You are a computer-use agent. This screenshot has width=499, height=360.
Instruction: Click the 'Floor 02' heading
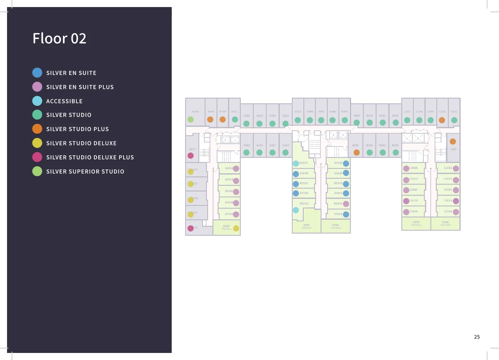(59, 38)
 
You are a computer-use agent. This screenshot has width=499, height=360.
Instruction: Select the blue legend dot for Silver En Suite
(37, 73)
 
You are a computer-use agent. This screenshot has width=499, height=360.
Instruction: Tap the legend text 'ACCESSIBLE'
(64, 101)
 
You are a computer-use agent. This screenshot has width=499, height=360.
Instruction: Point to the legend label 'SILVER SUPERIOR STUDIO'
(85, 172)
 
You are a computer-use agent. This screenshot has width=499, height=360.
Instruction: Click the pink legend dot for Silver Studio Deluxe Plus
(37, 157)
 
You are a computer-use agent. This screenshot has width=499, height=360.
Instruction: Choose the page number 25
(477, 337)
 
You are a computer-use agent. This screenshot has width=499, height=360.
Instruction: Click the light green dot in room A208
(191, 119)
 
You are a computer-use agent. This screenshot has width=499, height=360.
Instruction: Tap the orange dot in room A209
(210, 119)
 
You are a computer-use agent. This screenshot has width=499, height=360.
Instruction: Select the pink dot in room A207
(191, 156)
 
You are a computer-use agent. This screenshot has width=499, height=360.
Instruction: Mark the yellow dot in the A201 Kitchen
(236, 228)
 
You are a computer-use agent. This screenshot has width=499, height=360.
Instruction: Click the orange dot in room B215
(356, 153)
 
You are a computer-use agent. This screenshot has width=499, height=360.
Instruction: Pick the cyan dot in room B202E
(296, 163)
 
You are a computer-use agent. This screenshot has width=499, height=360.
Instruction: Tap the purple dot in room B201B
(346, 204)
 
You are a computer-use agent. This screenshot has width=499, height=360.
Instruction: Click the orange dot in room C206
(442, 120)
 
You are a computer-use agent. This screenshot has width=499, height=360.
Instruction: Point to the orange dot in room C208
(453, 142)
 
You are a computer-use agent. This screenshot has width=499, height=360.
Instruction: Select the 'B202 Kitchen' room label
(306, 226)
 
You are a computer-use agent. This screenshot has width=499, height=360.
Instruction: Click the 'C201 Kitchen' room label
(445, 223)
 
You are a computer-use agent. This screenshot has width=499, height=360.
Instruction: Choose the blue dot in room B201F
(346, 163)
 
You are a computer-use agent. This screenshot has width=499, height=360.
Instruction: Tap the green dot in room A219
(247, 153)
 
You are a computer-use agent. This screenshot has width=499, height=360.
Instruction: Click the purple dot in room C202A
(406, 212)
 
